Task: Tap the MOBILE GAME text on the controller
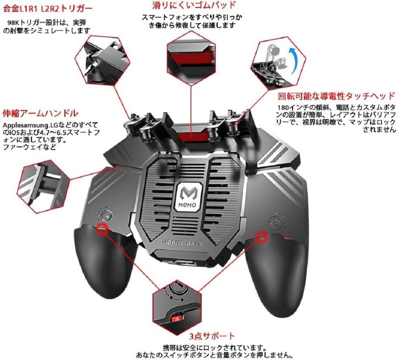click(183, 243)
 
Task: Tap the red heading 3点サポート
click(212, 336)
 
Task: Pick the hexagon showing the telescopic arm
click(44, 182)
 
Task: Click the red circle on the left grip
click(102, 228)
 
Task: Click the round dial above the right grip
click(275, 223)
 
